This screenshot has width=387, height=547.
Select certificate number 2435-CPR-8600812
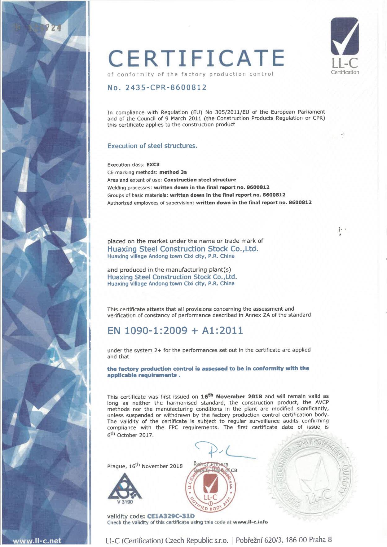click(x=157, y=88)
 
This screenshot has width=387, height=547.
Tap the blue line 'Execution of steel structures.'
click(x=152, y=146)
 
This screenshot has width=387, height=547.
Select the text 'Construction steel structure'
click(x=200, y=180)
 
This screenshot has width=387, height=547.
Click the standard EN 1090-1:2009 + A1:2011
click(x=175, y=331)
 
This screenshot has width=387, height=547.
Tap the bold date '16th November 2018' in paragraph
click(x=231, y=396)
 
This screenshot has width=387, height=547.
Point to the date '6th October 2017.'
click(x=130, y=435)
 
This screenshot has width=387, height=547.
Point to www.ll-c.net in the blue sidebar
click(x=37, y=541)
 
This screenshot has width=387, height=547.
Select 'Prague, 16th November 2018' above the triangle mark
click(x=145, y=466)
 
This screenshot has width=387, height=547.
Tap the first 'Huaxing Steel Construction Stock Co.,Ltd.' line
click(x=183, y=249)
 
